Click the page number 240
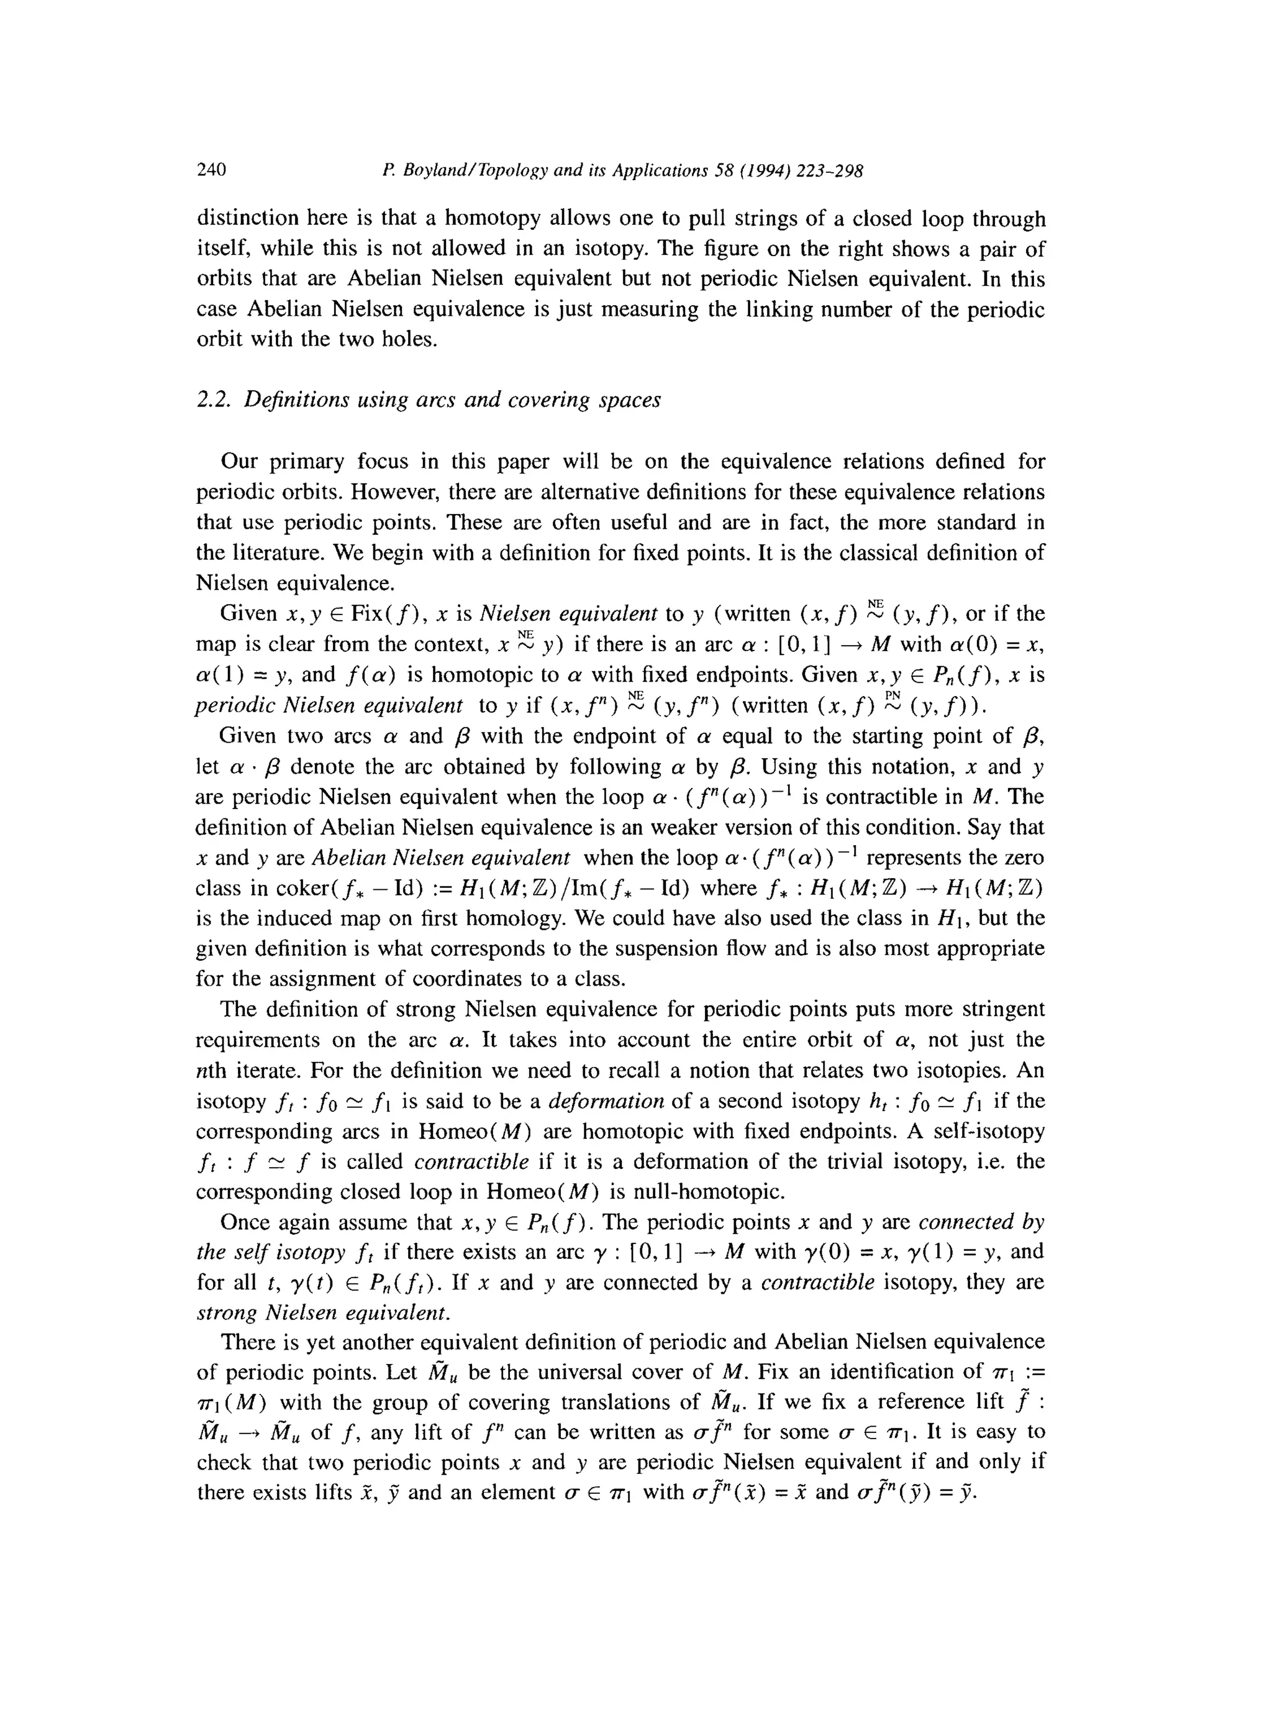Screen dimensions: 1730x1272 point(211,170)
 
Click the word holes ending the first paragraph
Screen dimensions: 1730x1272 point(406,340)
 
